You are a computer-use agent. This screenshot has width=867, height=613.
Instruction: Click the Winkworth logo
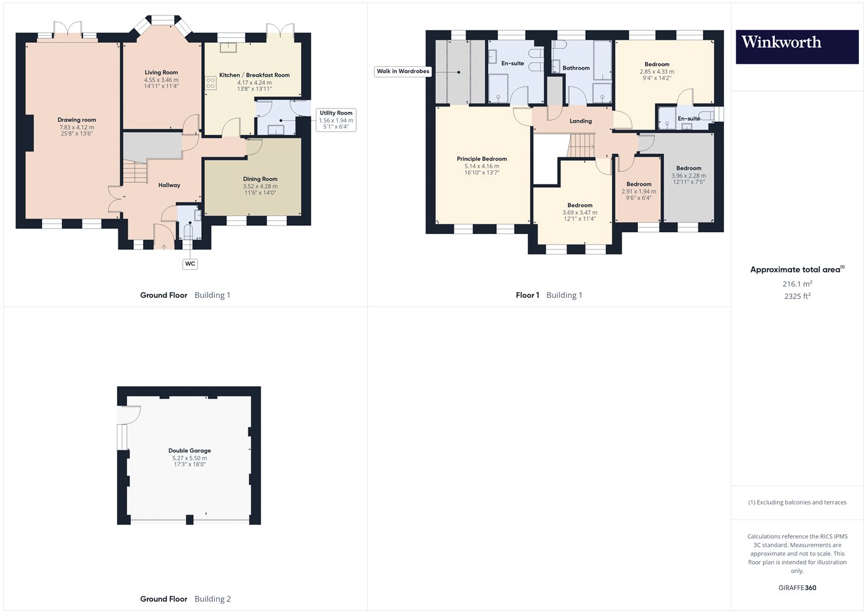pyautogui.click(x=797, y=47)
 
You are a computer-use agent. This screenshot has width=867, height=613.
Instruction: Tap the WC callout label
pyautogui.click(x=190, y=264)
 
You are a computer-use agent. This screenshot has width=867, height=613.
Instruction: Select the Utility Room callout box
pyautogui.click(x=336, y=120)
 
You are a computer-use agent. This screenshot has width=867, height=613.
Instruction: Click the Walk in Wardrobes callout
pyautogui.click(x=403, y=71)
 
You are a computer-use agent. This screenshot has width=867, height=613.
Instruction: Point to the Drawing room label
pyautogui.click(x=77, y=120)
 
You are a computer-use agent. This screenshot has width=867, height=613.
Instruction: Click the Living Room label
pyautogui.click(x=162, y=72)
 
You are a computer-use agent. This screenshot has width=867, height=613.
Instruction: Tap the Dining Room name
pyautogui.click(x=260, y=179)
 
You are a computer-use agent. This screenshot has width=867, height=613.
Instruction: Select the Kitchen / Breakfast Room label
pyautogui.click(x=255, y=75)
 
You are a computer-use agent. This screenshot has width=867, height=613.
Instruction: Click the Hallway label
pyautogui.click(x=169, y=185)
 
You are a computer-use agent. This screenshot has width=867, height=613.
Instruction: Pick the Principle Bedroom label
pyautogui.click(x=482, y=159)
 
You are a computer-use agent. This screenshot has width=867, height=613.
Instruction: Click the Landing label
pyautogui.click(x=581, y=121)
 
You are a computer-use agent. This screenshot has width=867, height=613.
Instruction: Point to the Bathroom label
pyautogui.click(x=576, y=68)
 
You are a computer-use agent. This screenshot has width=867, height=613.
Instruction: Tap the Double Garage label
pyautogui.click(x=190, y=451)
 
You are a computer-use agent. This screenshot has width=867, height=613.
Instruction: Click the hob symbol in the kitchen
pyautogui.click(x=211, y=83)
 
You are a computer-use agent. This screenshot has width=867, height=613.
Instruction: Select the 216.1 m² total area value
pyautogui.click(x=798, y=284)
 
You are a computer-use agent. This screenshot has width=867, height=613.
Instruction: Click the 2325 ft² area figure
pyautogui.click(x=798, y=296)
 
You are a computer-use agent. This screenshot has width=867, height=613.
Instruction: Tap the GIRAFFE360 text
pyautogui.click(x=798, y=588)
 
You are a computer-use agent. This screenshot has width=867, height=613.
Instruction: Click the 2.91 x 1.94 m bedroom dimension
pyautogui.click(x=639, y=191)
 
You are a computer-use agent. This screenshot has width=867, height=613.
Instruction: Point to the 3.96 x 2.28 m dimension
pyautogui.click(x=689, y=176)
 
